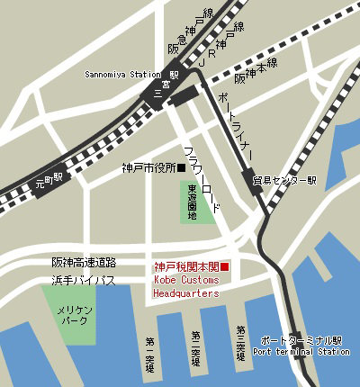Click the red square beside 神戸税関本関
point(226,266)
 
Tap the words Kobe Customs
point(187,281)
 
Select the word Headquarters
point(186,293)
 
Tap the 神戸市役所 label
point(148,167)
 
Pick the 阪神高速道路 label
point(84,262)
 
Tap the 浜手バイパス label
point(84,281)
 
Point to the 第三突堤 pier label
point(239,341)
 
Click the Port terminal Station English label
point(301,352)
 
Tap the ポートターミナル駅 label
point(301,341)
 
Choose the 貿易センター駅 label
point(286,180)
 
